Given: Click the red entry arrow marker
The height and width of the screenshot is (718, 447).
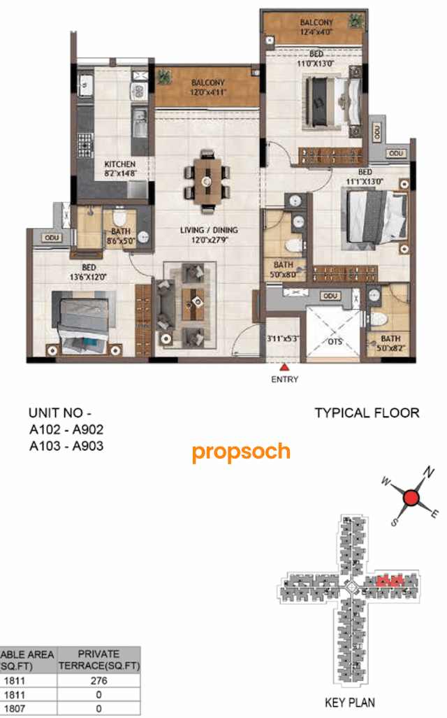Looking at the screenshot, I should [x=284, y=366].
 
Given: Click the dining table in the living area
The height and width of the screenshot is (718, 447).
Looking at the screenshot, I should [x=207, y=180].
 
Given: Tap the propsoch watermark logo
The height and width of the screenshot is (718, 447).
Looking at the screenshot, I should [x=241, y=452].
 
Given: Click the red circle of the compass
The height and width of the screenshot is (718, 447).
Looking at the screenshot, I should [x=411, y=498].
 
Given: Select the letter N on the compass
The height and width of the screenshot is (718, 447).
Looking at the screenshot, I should [x=430, y=473].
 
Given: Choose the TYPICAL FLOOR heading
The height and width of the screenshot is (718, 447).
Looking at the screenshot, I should [x=367, y=413].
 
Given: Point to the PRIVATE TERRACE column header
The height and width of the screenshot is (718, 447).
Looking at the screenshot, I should [x=98, y=660].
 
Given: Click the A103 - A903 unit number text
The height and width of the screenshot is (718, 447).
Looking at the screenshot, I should [x=66, y=445].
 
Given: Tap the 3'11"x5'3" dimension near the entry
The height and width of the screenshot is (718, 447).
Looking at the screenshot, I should [x=284, y=339].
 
